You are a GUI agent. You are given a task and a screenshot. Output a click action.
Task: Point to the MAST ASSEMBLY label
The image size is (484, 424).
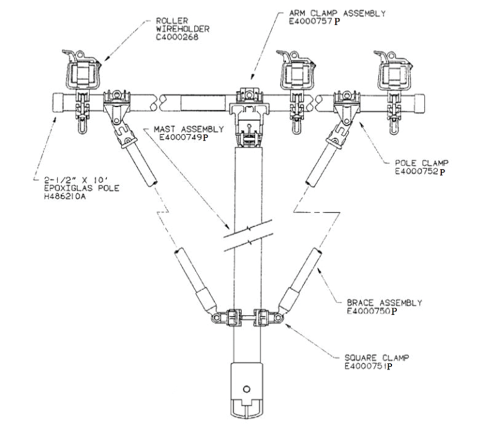point(188,129)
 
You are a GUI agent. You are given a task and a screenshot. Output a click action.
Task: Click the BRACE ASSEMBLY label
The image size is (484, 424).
point(384,303)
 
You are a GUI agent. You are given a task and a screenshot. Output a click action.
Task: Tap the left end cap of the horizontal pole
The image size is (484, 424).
point(57,102)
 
